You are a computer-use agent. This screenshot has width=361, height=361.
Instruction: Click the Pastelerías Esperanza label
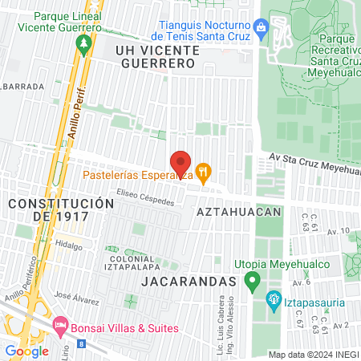[136, 174]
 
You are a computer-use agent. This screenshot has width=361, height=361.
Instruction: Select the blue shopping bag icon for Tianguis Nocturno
[260, 26]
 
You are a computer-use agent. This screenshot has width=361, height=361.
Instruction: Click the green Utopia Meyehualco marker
[252, 281]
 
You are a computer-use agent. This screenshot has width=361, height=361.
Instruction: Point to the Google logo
[26, 351]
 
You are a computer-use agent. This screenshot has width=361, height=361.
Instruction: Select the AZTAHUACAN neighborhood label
[239, 212]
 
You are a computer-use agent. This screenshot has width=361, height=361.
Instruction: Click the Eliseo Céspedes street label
[144, 197]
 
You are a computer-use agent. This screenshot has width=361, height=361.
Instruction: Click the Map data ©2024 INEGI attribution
[313, 355]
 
